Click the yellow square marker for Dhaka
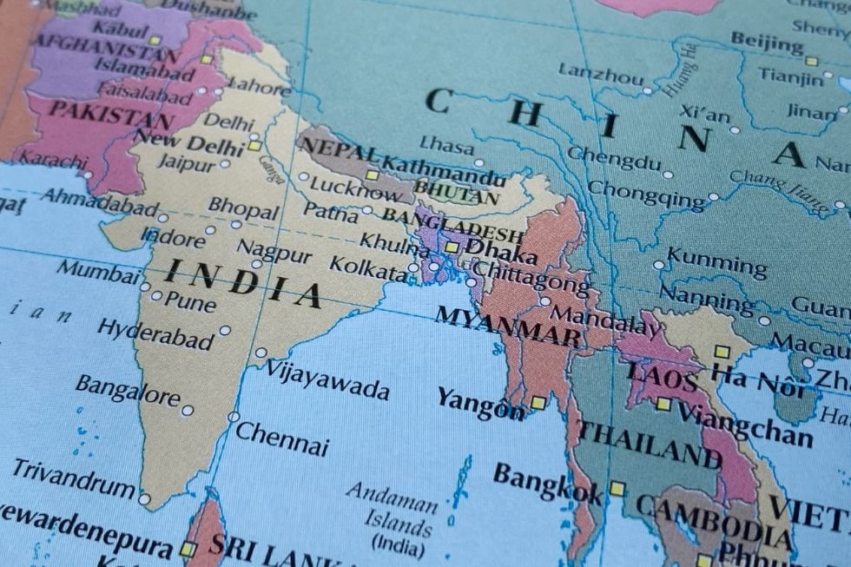click(x=452, y=247)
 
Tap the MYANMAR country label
click(x=508, y=326)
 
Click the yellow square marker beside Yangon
click(x=538, y=403)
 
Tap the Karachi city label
click(x=53, y=161)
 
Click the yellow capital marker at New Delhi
click(x=254, y=146)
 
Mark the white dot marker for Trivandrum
click(x=144, y=499)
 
